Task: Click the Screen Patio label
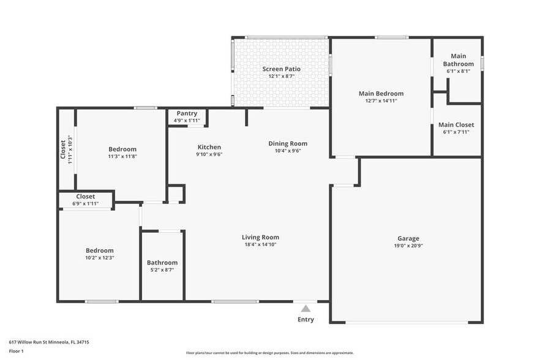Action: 281,69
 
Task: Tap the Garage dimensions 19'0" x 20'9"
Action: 408,246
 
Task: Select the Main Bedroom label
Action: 381,94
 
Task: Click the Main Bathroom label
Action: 458,60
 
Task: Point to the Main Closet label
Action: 456,125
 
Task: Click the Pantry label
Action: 187,113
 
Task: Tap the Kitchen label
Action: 209,147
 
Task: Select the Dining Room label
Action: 288,143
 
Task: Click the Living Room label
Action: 260,237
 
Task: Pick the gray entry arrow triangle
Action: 306,309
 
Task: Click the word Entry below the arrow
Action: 306,320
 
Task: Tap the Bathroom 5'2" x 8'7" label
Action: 162,263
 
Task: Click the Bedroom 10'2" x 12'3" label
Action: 99,250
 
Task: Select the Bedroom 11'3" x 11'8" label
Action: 122,149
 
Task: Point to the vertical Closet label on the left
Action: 63,149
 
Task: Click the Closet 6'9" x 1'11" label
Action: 85,197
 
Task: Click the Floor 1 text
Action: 16,351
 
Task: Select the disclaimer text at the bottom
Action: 269,353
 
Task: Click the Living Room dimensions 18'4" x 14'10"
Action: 260,244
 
